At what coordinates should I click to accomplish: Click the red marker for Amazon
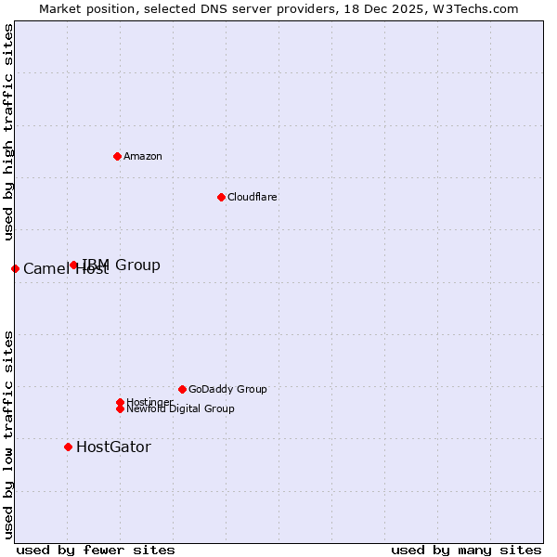pos(117,156)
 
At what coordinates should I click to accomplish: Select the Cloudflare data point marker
pos(221,197)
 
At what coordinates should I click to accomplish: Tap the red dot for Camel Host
pos(15,268)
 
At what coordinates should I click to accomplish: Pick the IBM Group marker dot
pos(73,266)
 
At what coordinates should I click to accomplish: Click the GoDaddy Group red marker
pos(182,389)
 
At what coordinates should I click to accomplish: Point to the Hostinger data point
pos(120,402)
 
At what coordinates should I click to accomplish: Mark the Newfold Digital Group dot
pos(120,408)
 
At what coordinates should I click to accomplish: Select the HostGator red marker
pos(68,447)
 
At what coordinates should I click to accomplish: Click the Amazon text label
pos(143,156)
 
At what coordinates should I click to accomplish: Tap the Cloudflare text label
pos(253,197)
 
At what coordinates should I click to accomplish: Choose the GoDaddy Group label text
pos(227,389)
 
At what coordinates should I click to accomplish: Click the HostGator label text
pos(113,447)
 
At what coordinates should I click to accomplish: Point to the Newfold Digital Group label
pos(180,409)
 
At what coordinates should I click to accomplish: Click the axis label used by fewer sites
pos(96,550)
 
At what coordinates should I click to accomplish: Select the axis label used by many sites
pos(466,550)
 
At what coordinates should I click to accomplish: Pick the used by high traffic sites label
pos(8,132)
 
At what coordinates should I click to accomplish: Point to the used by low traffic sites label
pos(8,434)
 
